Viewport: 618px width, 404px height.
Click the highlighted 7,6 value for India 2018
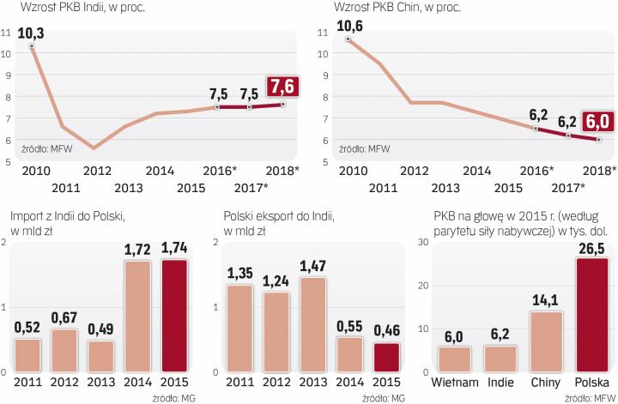click(x=283, y=86)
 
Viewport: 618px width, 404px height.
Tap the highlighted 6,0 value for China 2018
click(x=598, y=120)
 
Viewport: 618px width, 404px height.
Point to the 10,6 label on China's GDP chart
click(x=348, y=25)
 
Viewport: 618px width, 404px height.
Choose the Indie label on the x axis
click(x=500, y=382)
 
